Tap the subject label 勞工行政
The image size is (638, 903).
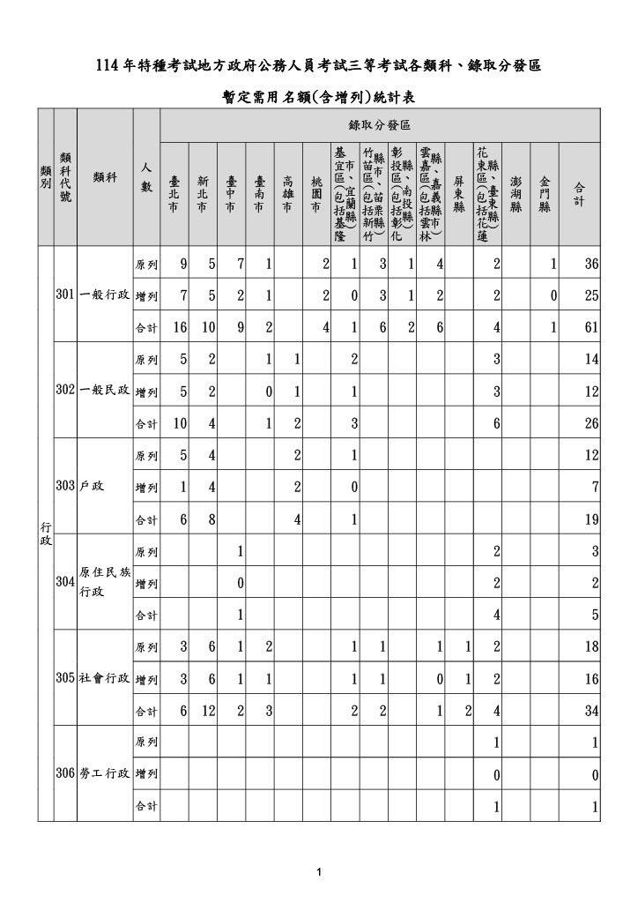point(105,772)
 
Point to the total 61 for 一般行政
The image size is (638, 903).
point(590,326)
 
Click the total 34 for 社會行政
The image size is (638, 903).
point(590,710)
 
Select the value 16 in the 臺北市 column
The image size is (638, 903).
point(179,326)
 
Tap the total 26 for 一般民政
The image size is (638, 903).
point(590,422)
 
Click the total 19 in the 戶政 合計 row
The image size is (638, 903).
point(590,519)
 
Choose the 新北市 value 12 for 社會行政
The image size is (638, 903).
point(208,710)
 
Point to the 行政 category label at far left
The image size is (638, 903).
point(46,533)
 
